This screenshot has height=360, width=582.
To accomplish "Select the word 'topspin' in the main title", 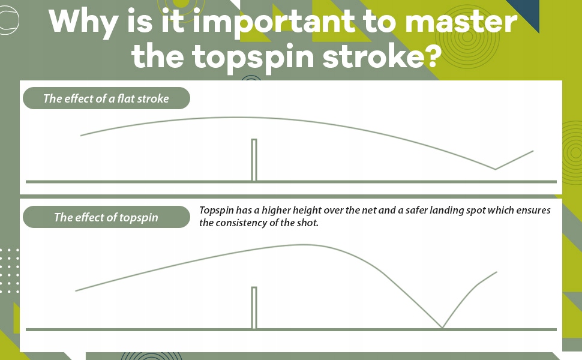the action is (x=253, y=58).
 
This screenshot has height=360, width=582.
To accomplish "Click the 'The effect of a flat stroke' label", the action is (x=106, y=98).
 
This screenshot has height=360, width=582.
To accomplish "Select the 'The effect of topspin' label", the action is (x=106, y=217).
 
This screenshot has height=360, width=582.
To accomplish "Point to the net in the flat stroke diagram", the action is (x=254, y=160).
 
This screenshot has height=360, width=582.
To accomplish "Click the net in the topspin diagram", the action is (x=254, y=308).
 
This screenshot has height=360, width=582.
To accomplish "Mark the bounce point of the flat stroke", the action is (x=495, y=169).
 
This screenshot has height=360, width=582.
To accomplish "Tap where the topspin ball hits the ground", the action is (x=442, y=328).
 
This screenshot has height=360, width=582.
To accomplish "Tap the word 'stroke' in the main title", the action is (x=373, y=57).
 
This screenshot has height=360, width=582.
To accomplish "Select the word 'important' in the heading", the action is (x=274, y=22).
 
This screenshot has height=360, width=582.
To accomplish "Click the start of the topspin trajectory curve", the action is (x=76, y=290).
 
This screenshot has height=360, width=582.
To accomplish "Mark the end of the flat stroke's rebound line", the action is (x=533, y=151).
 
